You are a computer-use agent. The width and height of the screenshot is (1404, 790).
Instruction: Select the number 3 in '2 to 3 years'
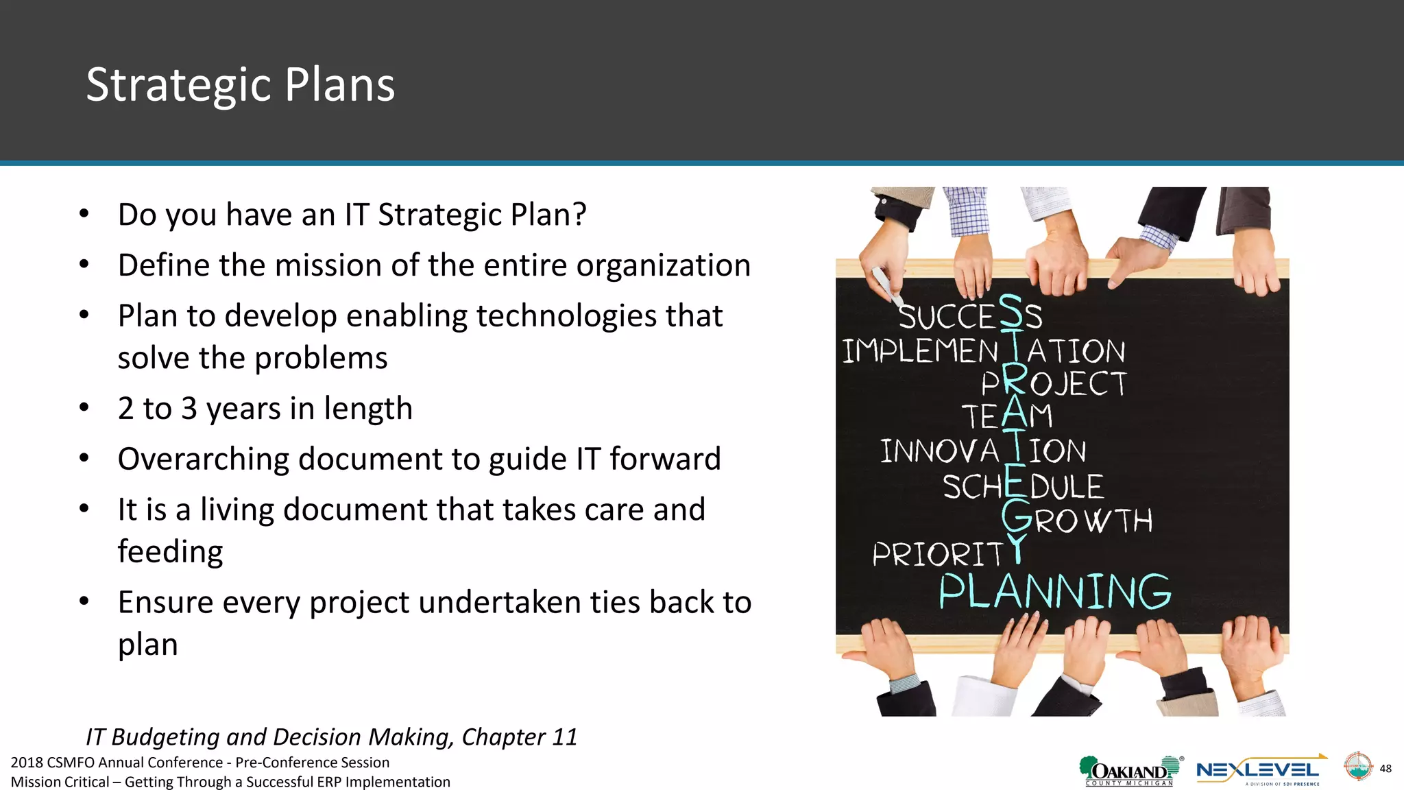click(189, 409)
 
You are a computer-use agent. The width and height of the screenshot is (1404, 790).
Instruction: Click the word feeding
click(170, 551)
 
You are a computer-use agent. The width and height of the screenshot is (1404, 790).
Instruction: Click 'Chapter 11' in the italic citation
click(519, 737)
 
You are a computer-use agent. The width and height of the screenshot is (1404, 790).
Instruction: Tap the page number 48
click(1385, 768)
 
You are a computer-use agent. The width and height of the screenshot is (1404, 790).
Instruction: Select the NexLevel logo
click(1259, 771)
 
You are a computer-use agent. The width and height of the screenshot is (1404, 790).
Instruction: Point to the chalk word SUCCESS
click(969, 316)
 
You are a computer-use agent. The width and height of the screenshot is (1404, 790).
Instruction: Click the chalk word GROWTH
click(1077, 519)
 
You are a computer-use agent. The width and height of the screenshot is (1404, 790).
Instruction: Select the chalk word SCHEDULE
click(1023, 486)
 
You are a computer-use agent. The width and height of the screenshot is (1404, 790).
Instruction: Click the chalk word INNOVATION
click(982, 451)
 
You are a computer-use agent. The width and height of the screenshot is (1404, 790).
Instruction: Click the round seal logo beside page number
click(1357, 767)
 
